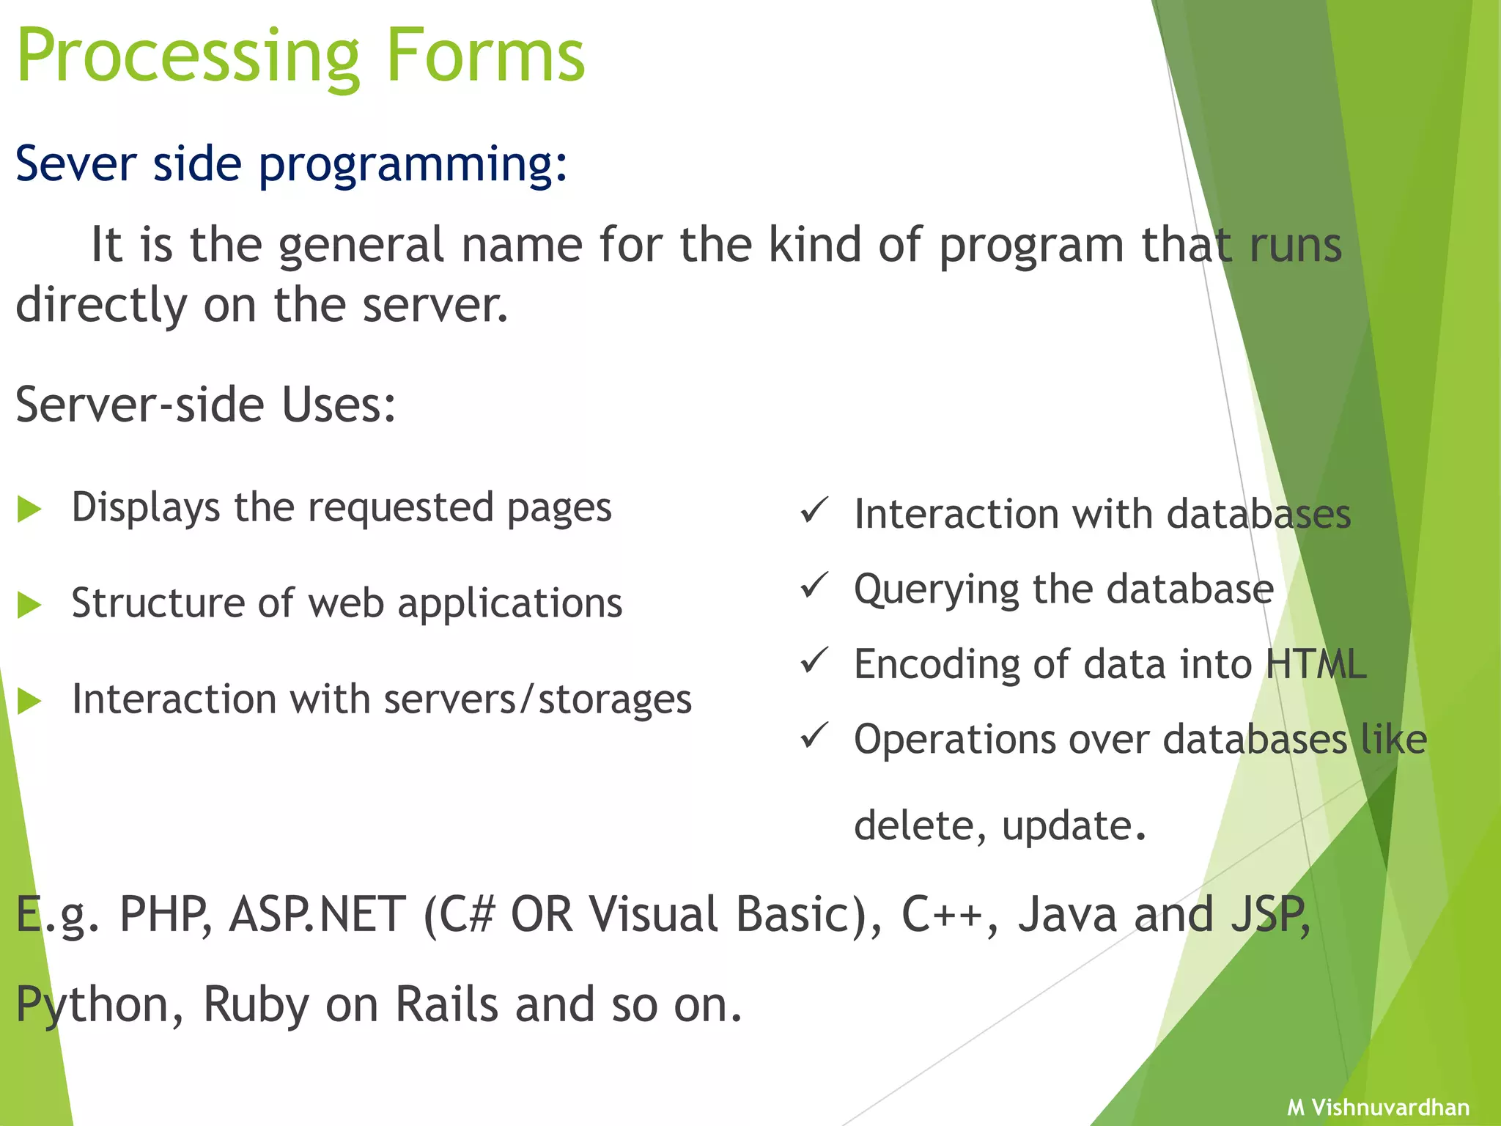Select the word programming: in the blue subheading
413,165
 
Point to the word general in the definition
361,246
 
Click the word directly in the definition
101,306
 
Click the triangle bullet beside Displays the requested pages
29,509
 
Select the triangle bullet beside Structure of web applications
29,605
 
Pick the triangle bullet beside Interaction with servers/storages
29,701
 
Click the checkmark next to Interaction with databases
814,510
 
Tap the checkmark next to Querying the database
814,585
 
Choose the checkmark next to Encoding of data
814,660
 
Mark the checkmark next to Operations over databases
814,735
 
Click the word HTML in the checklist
1316,664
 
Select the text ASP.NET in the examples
317,915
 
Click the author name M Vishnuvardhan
1378,1107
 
